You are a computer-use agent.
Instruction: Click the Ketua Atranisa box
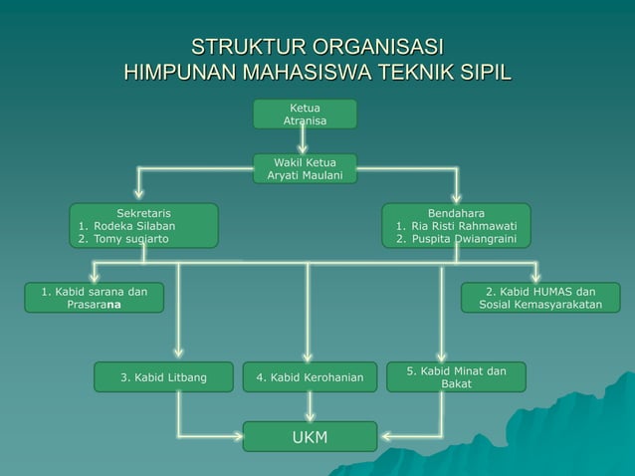(305, 115)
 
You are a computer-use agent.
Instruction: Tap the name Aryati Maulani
(305, 176)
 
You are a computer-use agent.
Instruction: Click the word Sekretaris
(143, 213)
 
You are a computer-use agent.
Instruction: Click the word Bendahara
(457, 213)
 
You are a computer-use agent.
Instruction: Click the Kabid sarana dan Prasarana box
(95, 298)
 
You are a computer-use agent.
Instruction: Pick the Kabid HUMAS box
(540, 298)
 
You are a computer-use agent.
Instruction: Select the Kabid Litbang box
(163, 377)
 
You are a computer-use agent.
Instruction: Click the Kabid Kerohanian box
(310, 377)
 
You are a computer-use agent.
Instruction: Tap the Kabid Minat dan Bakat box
(456, 377)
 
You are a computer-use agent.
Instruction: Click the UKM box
(310, 436)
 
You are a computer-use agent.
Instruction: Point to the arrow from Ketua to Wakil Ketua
(303, 140)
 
